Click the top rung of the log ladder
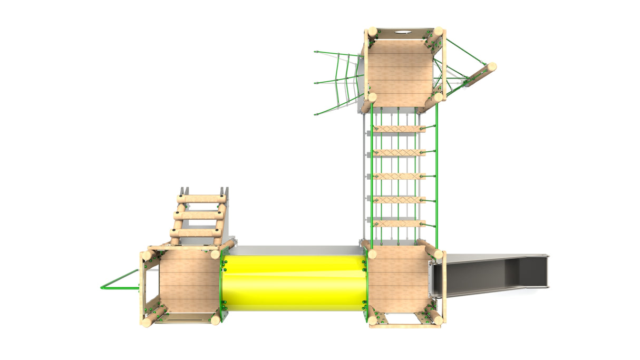click(201, 199)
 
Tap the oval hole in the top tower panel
click(403, 33)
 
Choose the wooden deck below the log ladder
click(189, 282)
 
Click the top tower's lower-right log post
click(438, 97)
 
